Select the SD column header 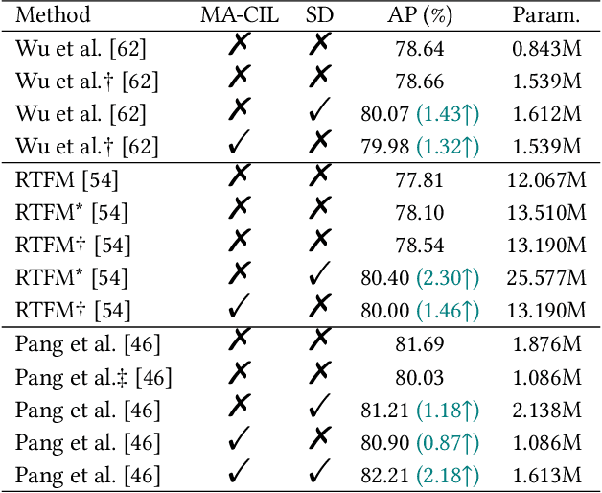[x=320, y=15]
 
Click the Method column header [x=54, y=15]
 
